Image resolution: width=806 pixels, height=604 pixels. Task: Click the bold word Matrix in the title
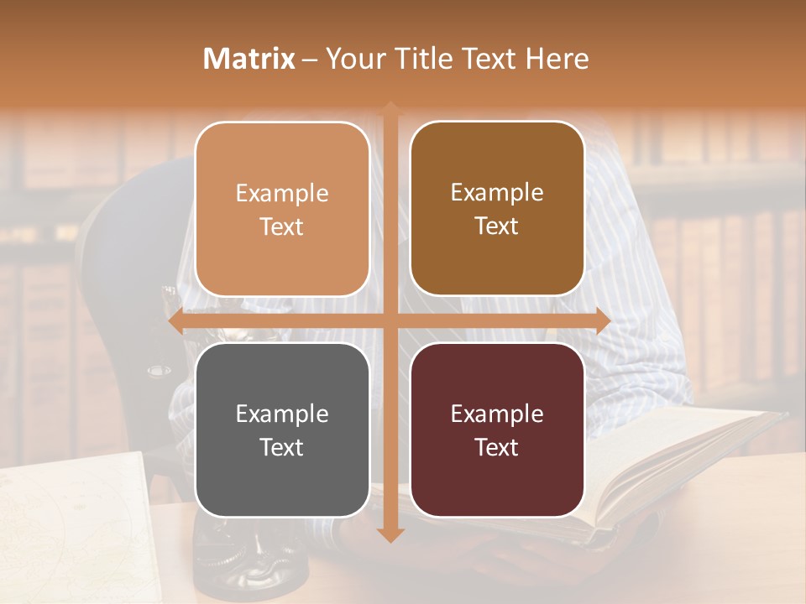click(x=249, y=59)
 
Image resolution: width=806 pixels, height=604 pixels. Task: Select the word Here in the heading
click(x=556, y=59)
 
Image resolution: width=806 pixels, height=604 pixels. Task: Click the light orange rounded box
click(x=282, y=210)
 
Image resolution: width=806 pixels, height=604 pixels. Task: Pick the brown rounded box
click(x=497, y=209)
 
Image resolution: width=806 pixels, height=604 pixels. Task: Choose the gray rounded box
click(x=282, y=430)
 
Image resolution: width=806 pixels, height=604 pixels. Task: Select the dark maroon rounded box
click(x=497, y=430)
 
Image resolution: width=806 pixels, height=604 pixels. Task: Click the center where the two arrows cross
click(x=390, y=321)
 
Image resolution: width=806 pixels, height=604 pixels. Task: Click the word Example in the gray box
click(x=282, y=414)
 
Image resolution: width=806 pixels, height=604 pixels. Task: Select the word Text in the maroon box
click(x=497, y=447)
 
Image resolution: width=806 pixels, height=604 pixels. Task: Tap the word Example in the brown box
click(x=497, y=192)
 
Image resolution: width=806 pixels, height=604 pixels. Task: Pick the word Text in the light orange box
click(x=282, y=226)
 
